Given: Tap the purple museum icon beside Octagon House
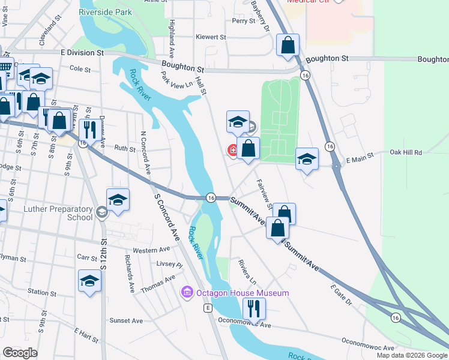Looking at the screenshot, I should (187, 293).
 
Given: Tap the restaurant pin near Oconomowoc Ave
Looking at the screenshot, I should (254, 309).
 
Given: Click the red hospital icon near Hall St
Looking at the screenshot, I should (232, 150).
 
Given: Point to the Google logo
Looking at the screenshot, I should (20, 353).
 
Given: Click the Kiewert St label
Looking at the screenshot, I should (211, 37).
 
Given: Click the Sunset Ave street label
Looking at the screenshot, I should (126, 320).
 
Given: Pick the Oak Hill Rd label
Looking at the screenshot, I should (406, 153).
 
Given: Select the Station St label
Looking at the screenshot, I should (42, 292).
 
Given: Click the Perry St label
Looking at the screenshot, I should (244, 21).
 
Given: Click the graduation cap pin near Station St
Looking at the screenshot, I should (89, 281).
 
